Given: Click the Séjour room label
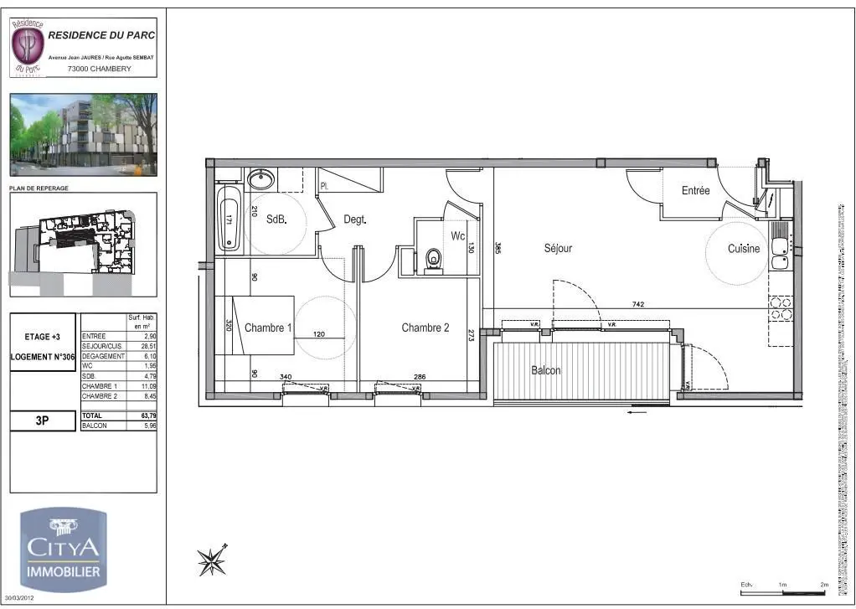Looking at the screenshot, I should (558, 248).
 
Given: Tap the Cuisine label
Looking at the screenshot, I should (743, 249).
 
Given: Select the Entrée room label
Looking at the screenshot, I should (695, 191).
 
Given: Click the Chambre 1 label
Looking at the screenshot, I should (268, 328).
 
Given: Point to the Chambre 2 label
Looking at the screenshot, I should (425, 328).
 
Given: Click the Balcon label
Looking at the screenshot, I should (545, 370).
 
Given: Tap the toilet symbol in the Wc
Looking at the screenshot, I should (433, 259).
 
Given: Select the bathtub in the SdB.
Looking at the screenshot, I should (229, 219).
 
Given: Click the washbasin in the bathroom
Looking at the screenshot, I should (260, 178).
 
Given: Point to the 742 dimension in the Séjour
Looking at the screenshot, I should (639, 303).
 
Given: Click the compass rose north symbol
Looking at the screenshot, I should (212, 560).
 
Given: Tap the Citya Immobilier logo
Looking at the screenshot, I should (64, 547).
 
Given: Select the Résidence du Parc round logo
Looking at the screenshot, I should (28, 46).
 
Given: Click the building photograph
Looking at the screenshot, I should (83, 134).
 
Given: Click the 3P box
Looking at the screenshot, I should (42, 421).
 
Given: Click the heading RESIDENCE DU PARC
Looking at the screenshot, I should (101, 35).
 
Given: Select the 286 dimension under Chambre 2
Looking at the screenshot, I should (420, 377).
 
